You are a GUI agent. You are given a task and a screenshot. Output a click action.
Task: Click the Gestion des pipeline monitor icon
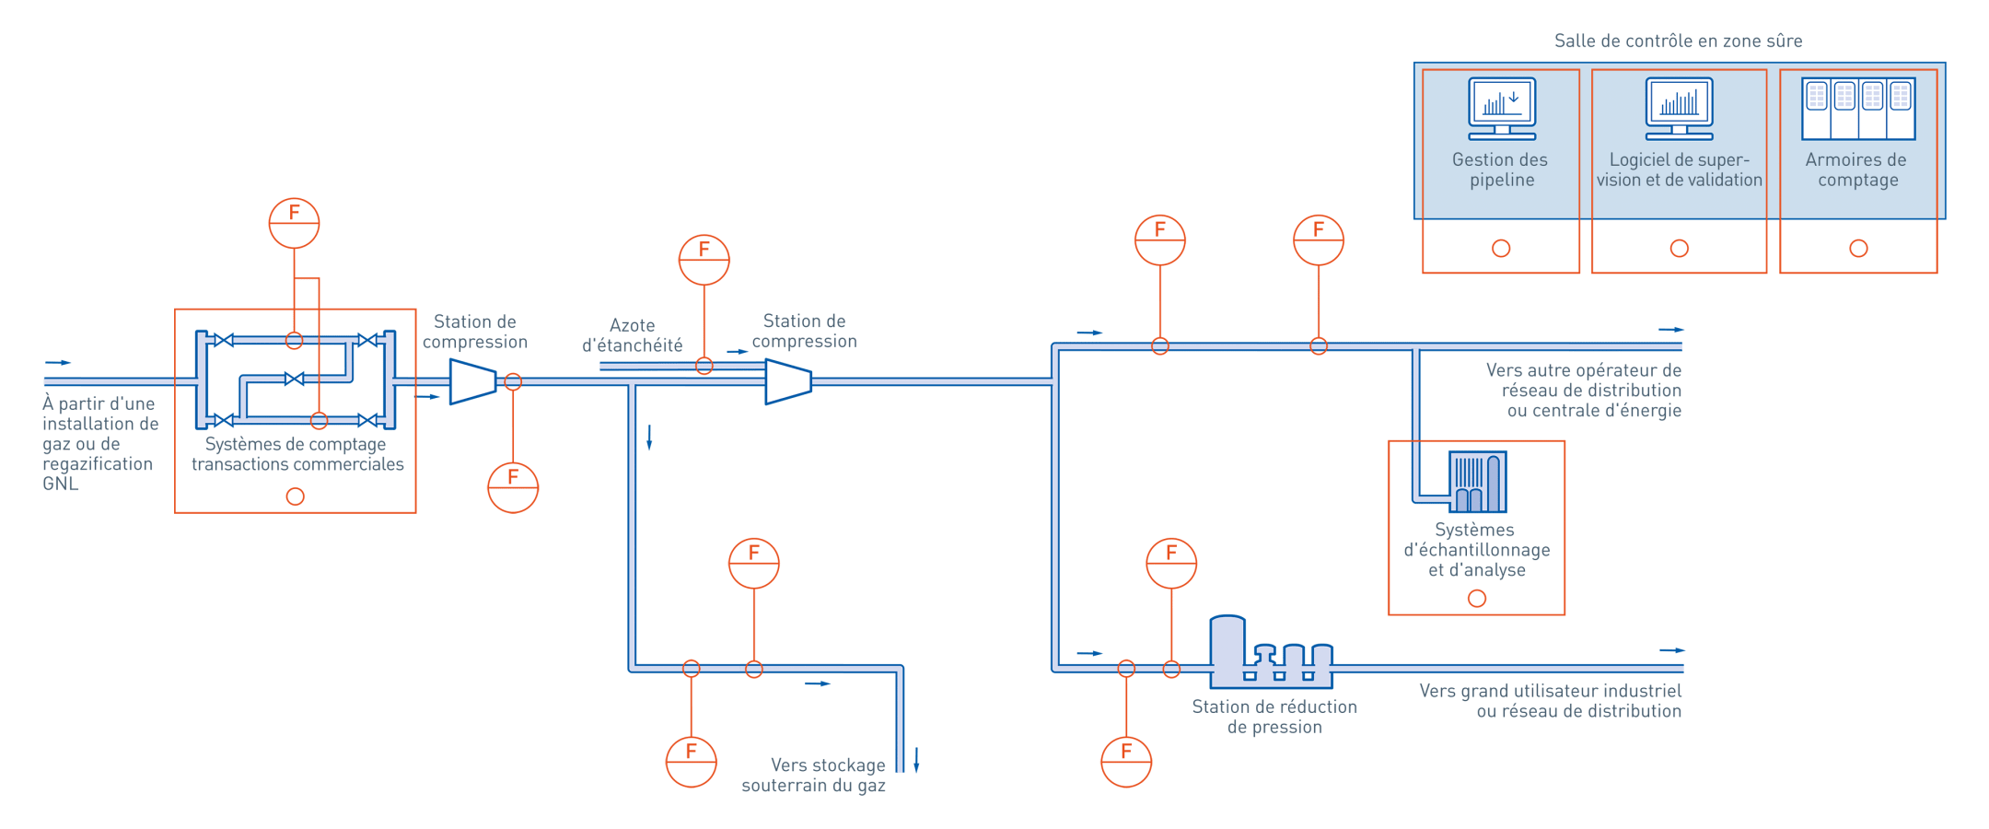pos(1502,109)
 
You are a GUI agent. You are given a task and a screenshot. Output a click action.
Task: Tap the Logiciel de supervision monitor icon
pos(1679,109)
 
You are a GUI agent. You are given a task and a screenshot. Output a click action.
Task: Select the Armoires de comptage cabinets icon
pos(1858,109)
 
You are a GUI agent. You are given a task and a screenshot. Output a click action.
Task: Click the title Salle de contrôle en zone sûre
pos(1678,41)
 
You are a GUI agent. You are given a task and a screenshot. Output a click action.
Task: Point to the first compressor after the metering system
pos(472,381)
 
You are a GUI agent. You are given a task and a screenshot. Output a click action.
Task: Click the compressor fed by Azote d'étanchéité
pos(788,381)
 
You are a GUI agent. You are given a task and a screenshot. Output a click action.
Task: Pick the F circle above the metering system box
pos(294,223)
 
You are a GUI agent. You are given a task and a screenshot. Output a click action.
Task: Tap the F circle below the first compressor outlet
pos(513,487)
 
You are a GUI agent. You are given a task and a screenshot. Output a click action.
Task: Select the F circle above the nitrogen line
pos(704,260)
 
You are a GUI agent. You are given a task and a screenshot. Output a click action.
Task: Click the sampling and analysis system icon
pos(1477,481)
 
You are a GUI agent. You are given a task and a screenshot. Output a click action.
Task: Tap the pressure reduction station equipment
pos(1271,654)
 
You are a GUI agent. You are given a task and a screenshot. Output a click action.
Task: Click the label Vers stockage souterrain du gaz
pos(814,775)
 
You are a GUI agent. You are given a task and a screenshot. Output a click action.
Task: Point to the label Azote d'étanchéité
pos(633,335)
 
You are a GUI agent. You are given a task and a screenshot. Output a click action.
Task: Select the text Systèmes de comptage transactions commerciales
pos(297,454)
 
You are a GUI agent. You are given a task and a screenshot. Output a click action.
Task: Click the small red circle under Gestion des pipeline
pos(1501,249)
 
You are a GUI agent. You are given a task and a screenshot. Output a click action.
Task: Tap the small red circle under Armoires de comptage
pos(1858,249)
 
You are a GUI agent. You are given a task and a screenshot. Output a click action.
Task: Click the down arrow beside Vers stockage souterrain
pos(916,761)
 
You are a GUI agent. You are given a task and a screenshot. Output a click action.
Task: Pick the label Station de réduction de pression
pos(1274,717)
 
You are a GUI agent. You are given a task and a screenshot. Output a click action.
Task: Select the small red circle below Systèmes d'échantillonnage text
pos(1477,599)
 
